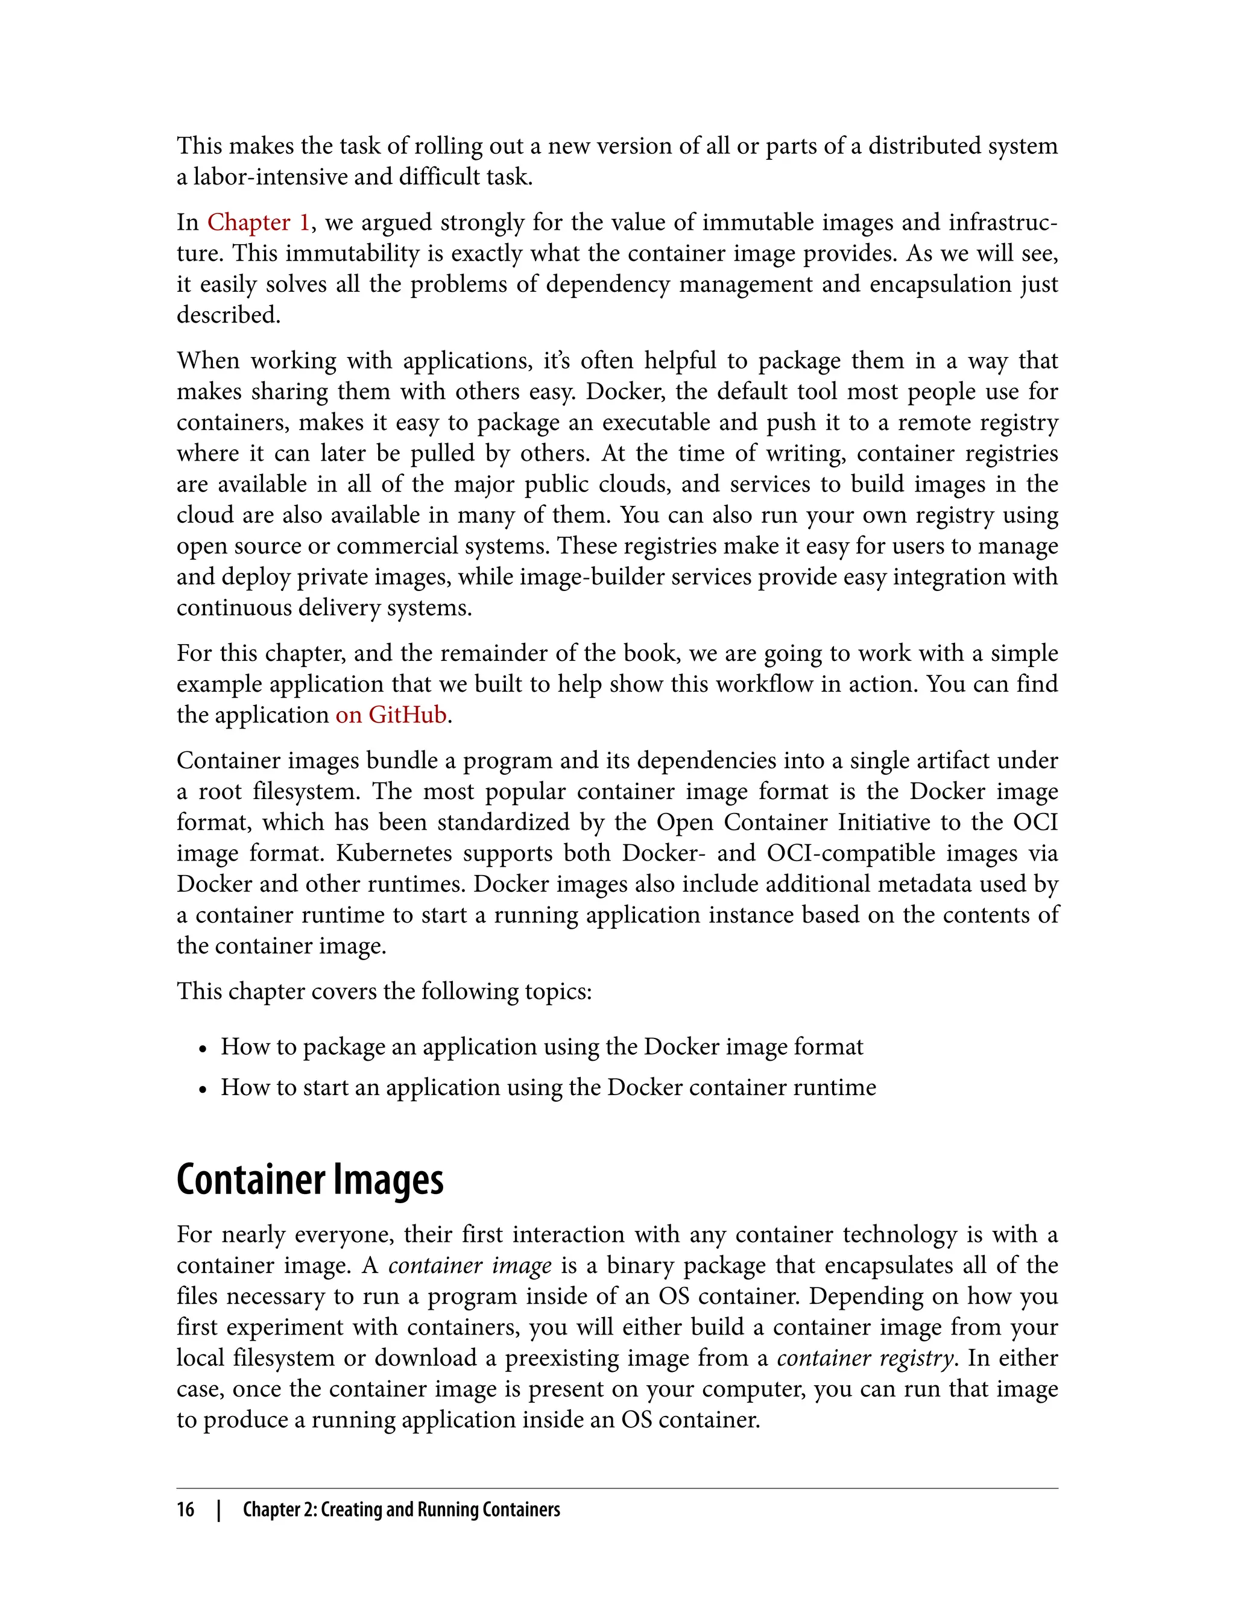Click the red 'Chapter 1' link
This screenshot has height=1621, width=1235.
click(258, 222)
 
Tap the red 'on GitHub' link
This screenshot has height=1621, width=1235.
click(391, 715)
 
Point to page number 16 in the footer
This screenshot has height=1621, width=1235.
click(185, 1510)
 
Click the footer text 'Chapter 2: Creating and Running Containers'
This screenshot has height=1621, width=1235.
click(402, 1510)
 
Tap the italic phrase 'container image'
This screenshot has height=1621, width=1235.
click(470, 1265)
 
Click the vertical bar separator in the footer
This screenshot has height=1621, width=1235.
click(219, 1510)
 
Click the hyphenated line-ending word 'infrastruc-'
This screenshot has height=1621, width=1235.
click(1003, 222)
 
